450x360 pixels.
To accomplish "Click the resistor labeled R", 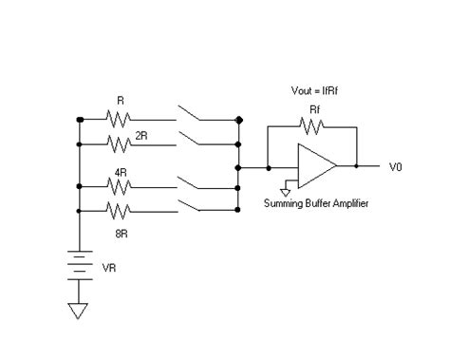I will pos(121,120).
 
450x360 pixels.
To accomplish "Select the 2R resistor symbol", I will pos(121,145).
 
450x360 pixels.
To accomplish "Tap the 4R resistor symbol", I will pos(121,188).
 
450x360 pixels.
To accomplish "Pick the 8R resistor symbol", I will pos(121,210).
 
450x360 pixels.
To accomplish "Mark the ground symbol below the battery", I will pos(80,310).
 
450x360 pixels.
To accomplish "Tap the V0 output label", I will pos(396,166).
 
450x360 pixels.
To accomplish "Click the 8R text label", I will pos(122,231).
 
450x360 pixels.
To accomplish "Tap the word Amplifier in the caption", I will pos(346,203).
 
